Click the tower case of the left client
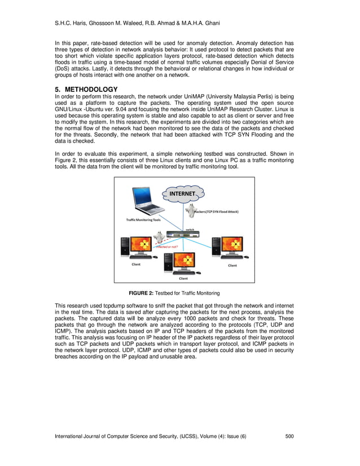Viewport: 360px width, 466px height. tap(124, 248)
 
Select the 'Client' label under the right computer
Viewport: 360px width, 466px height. tap(232, 265)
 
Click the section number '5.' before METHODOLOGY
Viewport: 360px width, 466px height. tap(58, 89)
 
